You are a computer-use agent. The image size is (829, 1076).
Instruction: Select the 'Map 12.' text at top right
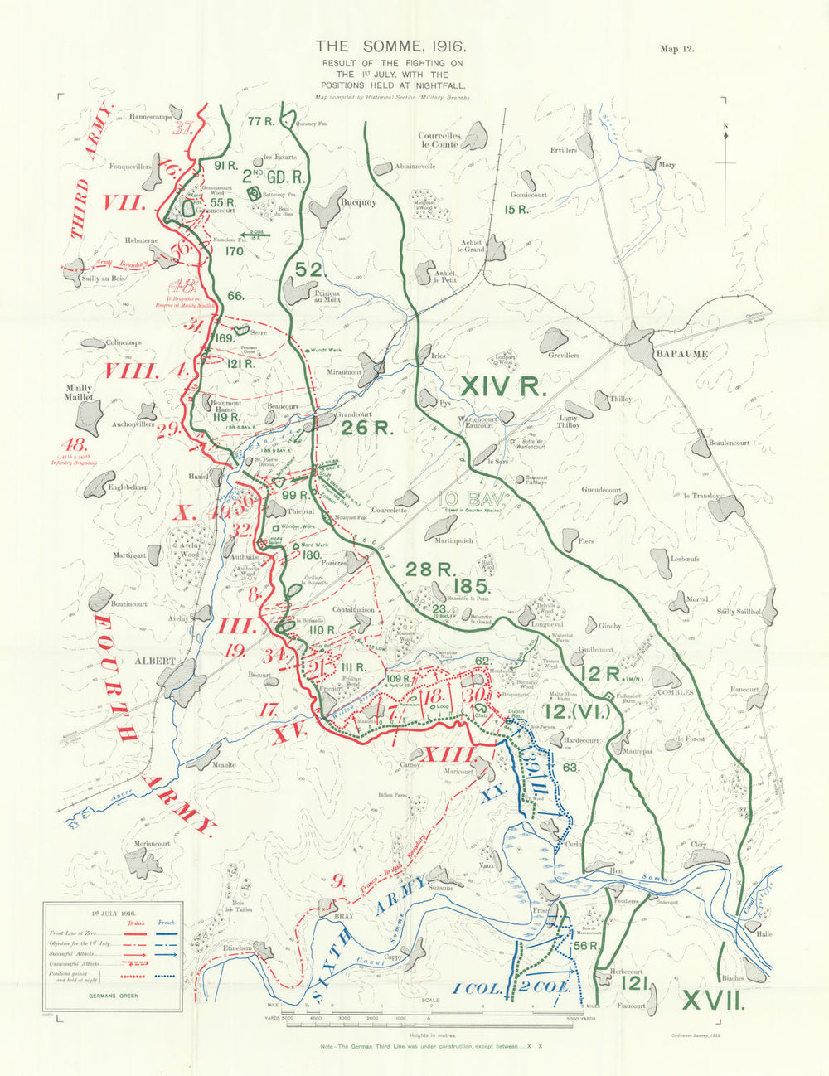(x=676, y=49)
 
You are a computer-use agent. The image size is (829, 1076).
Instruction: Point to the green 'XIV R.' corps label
(x=502, y=386)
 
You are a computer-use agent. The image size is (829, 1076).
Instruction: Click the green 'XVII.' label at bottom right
(x=710, y=1001)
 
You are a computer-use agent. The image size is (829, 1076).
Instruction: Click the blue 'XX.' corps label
(x=494, y=793)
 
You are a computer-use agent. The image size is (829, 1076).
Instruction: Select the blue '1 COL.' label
(x=478, y=988)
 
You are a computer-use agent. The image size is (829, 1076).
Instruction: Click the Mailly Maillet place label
(x=79, y=393)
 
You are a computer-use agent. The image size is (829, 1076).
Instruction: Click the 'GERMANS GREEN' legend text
(x=113, y=995)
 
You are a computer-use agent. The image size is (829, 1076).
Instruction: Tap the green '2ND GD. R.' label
(x=274, y=176)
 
